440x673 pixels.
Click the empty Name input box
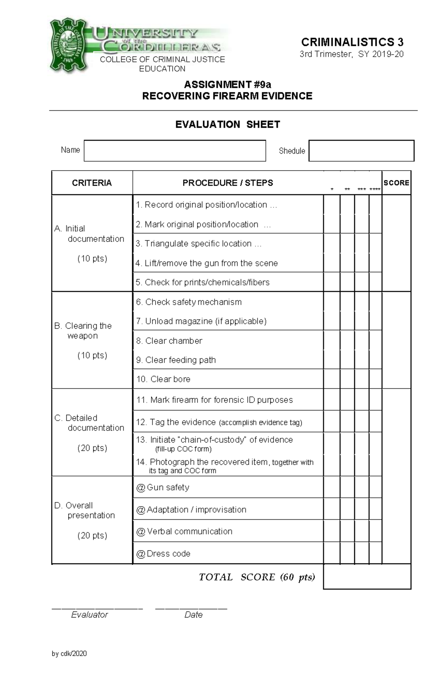click(x=175, y=150)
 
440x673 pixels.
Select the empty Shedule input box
click(x=361, y=150)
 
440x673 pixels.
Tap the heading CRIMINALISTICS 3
click(x=352, y=42)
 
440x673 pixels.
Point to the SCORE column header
click(x=396, y=183)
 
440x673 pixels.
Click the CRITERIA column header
click(x=92, y=183)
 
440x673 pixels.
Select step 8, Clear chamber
click(x=169, y=341)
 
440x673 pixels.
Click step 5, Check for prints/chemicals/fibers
click(x=202, y=282)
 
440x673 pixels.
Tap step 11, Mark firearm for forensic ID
click(x=214, y=400)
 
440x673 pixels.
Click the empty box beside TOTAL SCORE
click(x=367, y=577)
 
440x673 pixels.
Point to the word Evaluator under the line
click(x=89, y=615)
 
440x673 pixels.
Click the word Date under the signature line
click(x=193, y=615)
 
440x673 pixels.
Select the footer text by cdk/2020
click(x=69, y=653)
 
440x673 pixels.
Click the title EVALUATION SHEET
click(x=227, y=124)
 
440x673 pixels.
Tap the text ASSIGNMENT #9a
click(x=227, y=84)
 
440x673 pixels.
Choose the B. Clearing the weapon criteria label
click(x=83, y=331)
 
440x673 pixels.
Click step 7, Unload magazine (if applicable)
click(x=201, y=321)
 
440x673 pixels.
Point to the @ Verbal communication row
click(x=184, y=531)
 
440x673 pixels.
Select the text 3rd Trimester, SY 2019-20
click(x=351, y=54)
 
